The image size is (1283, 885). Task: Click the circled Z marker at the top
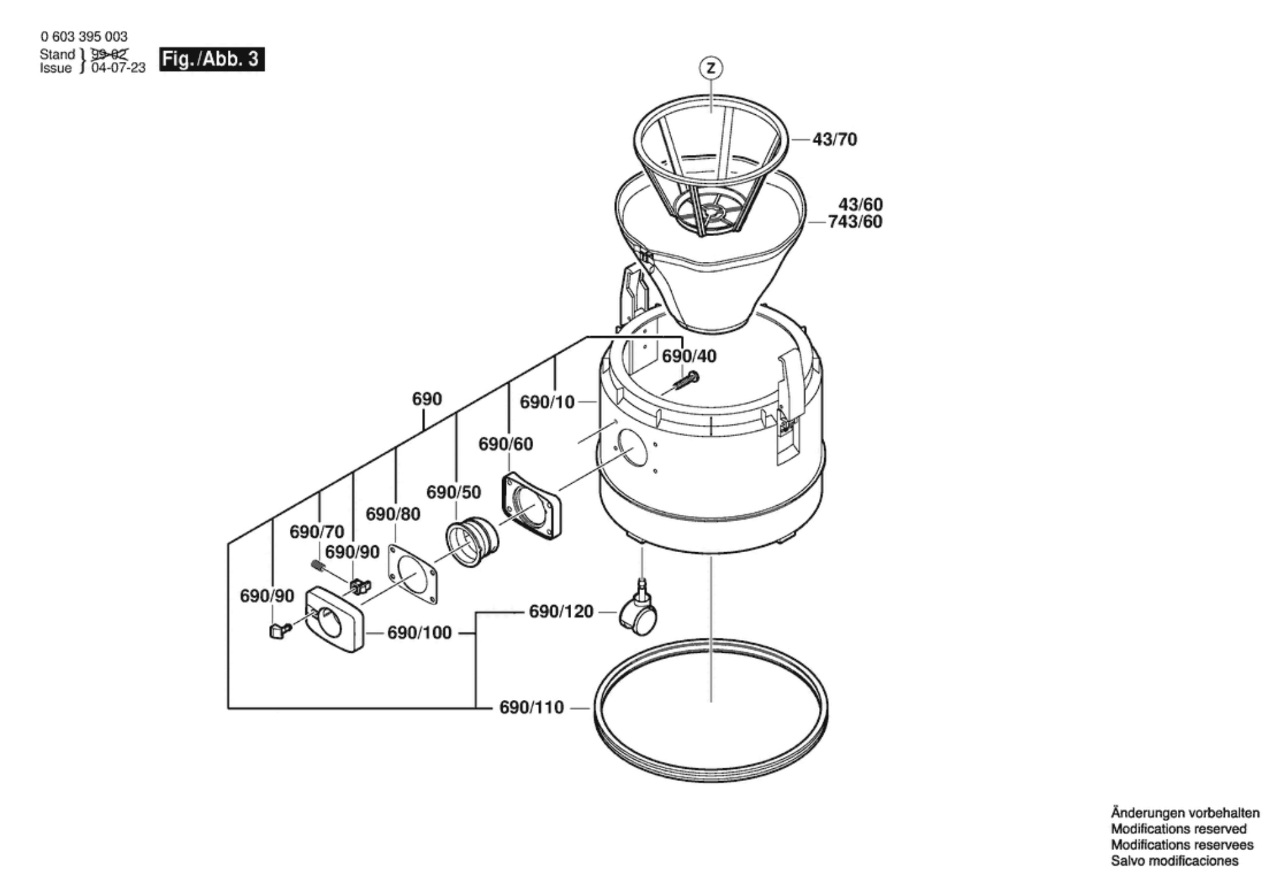tap(711, 68)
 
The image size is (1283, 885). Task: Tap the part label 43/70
tap(834, 139)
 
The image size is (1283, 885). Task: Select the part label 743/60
tap(855, 221)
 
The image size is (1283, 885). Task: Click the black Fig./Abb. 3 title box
tap(212, 59)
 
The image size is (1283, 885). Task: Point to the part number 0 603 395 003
tap(84, 37)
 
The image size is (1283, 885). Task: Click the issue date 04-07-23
tap(118, 68)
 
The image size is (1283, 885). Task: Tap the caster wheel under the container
tap(638, 610)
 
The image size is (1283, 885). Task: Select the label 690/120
tap(561, 612)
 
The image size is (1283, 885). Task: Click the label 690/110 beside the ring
tap(531, 708)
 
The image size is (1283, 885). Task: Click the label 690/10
tap(547, 402)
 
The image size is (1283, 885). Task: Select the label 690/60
tap(505, 444)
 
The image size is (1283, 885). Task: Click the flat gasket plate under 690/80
tap(412, 574)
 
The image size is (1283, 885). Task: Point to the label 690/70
tap(316, 532)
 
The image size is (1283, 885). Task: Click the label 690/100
tap(419, 633)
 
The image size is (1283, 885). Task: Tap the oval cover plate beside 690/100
tap(334, 619)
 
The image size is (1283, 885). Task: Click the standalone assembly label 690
tap(427, 399)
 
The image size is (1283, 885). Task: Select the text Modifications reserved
tap(1178, 829)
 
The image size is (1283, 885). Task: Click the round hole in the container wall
tap(632, 449)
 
